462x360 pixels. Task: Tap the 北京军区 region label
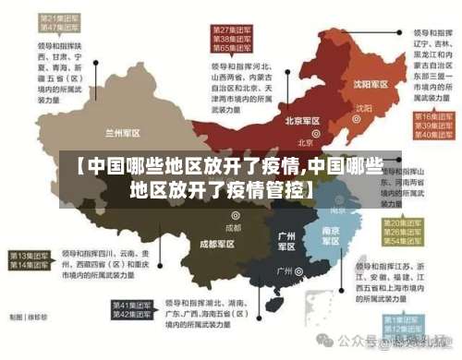point(302,121)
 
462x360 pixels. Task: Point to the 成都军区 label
point(217,244)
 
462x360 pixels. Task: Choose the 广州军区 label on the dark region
point(286,241)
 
